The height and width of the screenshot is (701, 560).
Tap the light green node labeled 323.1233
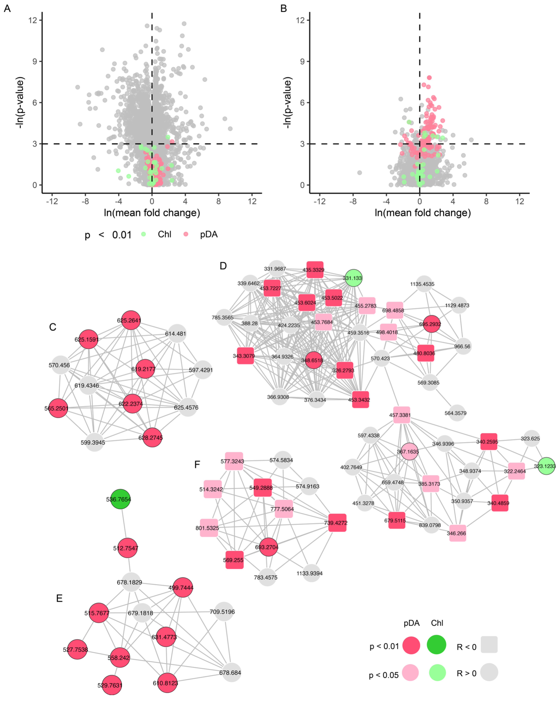point(546,466)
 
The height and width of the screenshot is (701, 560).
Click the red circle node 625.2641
point(130,320)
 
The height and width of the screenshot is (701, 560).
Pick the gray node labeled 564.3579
point(457,413)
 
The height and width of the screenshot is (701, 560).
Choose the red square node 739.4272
point(337,522)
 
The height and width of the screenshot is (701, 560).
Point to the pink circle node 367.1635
point(409,451)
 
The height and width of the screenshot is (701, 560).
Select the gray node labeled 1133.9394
point(311,573)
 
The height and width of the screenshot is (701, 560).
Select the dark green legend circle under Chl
point(436,644)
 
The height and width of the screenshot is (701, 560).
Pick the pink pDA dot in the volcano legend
point(186,234)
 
